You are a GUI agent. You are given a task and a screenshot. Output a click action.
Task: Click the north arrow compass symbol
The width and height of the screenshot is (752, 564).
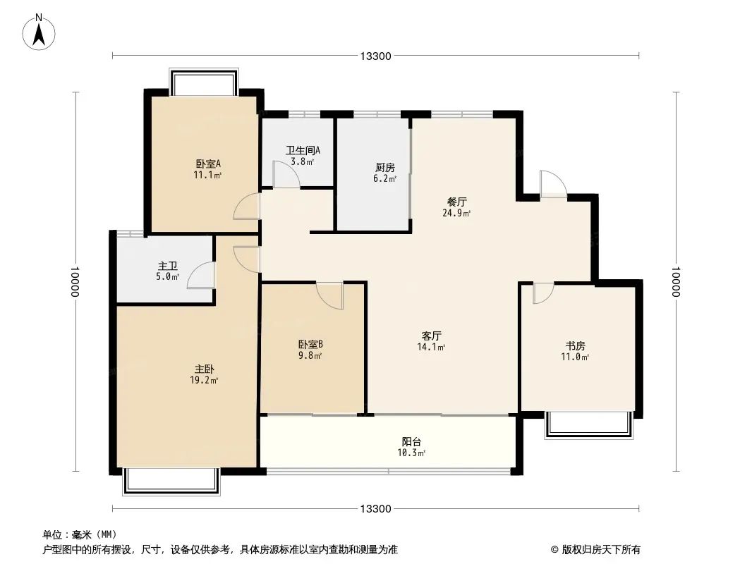point(40,32)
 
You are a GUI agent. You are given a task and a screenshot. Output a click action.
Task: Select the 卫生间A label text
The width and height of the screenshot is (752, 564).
point(303,150)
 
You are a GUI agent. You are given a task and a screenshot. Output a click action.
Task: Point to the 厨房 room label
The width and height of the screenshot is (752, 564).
point(385,168)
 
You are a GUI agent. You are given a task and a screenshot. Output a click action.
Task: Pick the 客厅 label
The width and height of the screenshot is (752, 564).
point(432,336)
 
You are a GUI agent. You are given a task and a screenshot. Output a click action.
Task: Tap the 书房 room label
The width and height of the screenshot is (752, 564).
point(576,345)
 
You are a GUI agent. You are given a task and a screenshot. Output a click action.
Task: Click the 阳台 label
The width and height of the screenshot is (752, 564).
point(413,441)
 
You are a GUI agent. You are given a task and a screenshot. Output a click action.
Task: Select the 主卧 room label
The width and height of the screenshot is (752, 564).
point(205,369)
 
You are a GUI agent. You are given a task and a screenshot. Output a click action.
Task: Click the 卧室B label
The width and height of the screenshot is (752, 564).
point(310,344)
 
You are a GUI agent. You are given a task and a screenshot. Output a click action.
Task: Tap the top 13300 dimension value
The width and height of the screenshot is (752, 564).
point(375,56)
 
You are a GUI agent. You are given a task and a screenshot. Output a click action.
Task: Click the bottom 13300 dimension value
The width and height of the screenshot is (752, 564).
point(375,509)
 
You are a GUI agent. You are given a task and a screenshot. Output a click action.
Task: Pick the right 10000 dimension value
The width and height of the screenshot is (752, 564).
point(676,282)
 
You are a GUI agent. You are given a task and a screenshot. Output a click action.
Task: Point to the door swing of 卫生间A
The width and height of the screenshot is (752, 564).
point(286,178)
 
